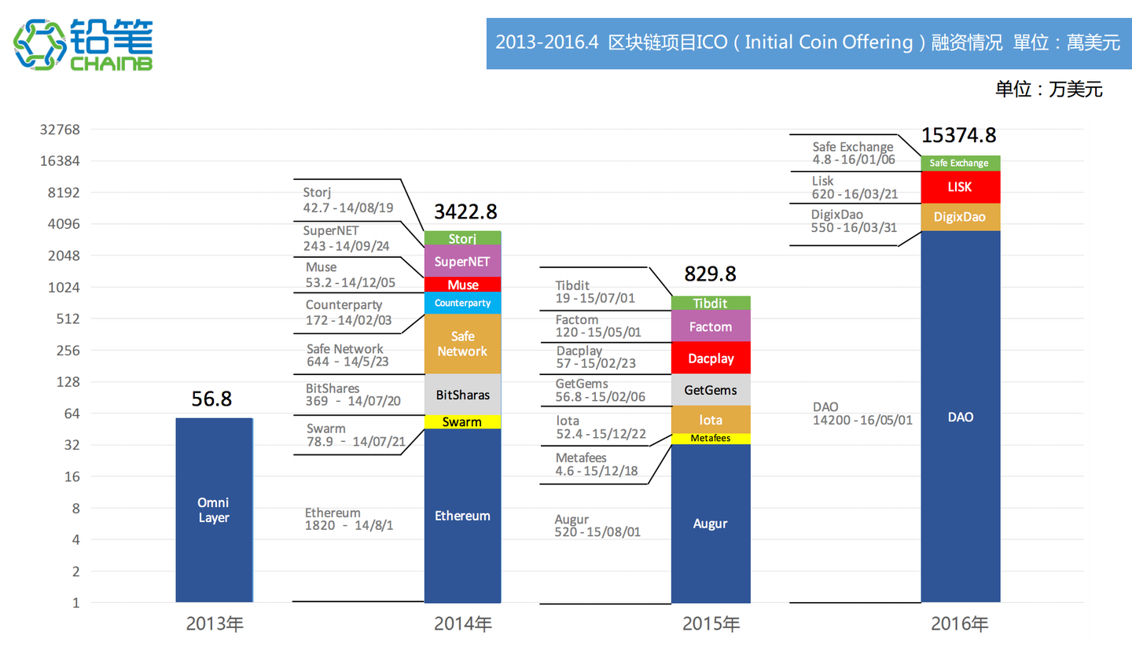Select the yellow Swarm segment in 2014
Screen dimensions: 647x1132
(x=462, y=422)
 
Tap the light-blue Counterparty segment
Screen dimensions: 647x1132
(x=462, y=303)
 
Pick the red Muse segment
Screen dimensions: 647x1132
(x=462, y=285)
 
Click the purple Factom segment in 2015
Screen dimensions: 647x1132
(x=710, y=326)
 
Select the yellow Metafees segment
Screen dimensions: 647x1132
(x=710, y=438)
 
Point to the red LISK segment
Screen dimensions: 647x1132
(x=961, y=187)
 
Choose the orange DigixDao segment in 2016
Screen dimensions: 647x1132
(x=961, y=217)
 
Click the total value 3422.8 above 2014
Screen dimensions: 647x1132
(x=465, y=212)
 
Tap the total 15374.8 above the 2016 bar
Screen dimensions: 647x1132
(x=958, y=135)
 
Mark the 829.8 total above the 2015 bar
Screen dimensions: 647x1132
(x=710, y=274)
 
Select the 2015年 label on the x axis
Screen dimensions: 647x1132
(x=711, y=625)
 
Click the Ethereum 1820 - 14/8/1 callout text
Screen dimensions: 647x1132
(x=349, y=520)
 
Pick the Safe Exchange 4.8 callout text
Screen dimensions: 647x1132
(x=852, y=153)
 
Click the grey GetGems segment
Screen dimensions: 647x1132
(x=710, y=389)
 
